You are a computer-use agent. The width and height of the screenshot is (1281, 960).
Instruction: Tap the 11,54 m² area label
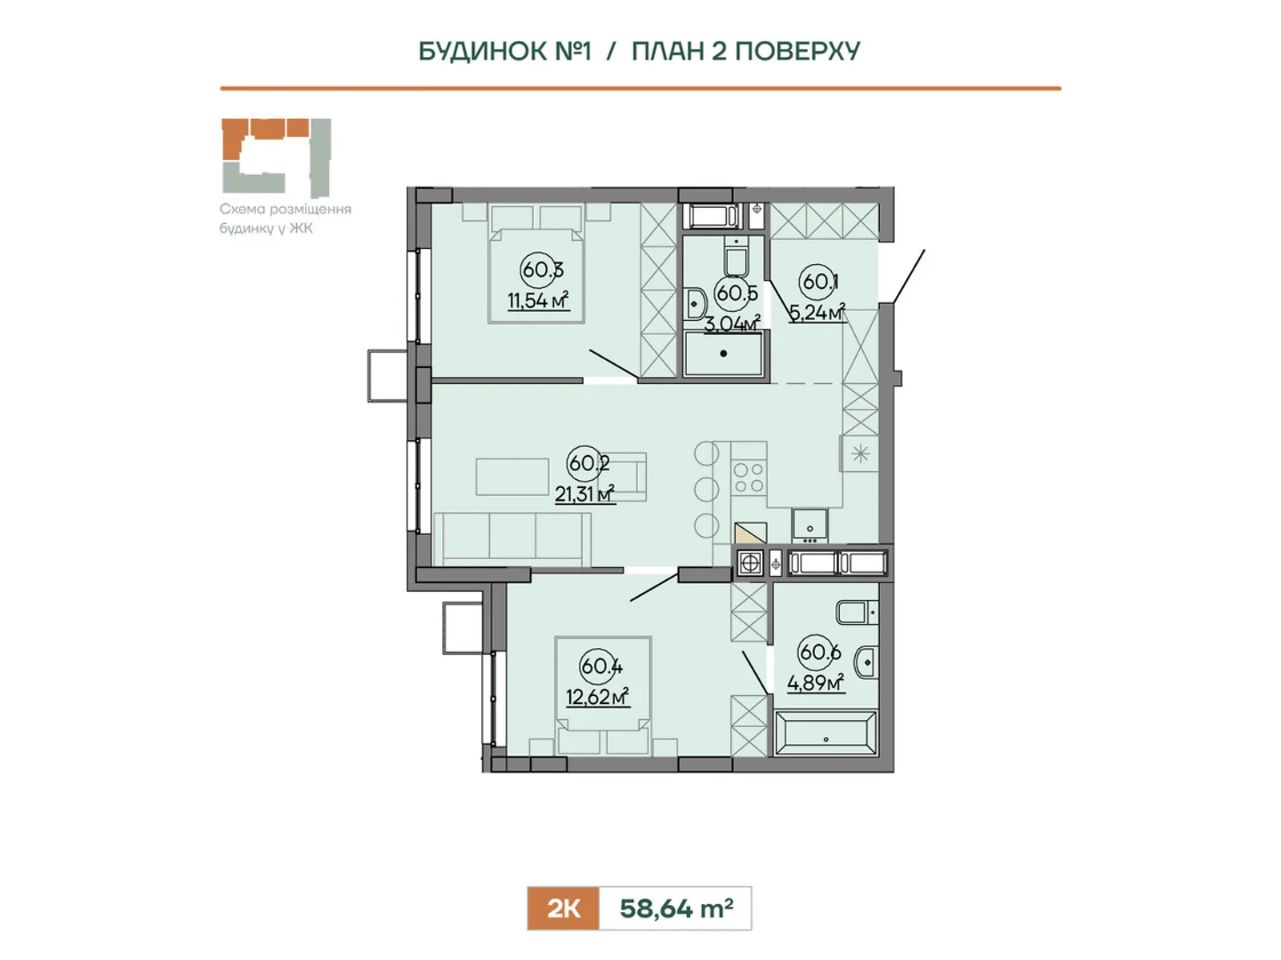(x=538, y=301)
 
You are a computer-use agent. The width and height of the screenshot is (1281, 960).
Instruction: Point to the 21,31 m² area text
(x=584, y=494)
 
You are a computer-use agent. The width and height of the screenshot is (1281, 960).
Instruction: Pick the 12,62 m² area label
(x=597, y=697)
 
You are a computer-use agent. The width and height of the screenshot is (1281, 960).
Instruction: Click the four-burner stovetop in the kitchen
(x=749, y=478)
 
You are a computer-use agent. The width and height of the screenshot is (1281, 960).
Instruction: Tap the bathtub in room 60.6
(x=825, y=733)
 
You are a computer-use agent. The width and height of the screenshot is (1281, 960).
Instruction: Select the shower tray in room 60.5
(x=724, y=354)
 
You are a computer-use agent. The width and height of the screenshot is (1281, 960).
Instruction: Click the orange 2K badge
(x=563, y=908)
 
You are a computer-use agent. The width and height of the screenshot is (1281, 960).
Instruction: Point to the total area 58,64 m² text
(x=677, y=908)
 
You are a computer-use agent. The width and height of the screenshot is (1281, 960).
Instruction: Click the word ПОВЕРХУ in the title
(x=797, y=51)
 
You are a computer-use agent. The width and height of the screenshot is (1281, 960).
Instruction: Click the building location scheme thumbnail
(x=277, y=158)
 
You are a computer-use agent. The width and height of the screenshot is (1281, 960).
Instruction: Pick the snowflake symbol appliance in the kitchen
(x=860, y=454)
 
